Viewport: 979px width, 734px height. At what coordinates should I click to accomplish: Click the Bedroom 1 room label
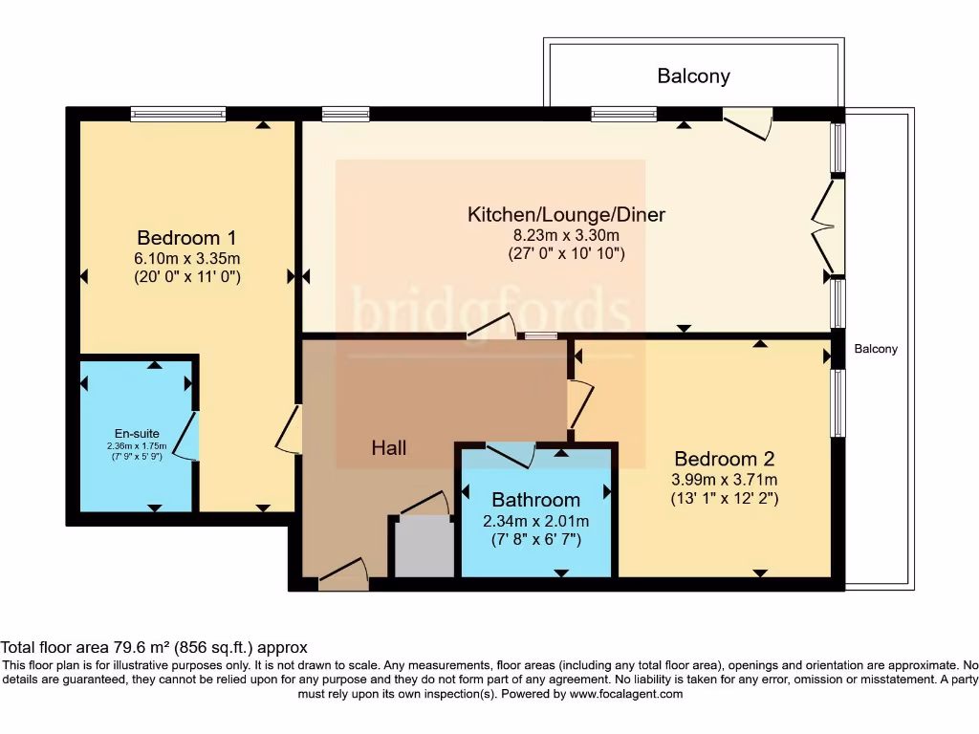click(186, 238)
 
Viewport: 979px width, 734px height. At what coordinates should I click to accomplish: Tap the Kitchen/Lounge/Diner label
click(566, 214)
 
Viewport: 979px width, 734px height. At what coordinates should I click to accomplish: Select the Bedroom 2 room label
click(724, 458)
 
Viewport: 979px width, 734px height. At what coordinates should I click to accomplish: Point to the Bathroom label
click(535, 500)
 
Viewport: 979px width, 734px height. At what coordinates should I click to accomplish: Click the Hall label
click(389, 447)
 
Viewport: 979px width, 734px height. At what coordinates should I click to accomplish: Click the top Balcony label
click(693, 76)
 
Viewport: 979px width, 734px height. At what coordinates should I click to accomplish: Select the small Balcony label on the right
click(876, 349)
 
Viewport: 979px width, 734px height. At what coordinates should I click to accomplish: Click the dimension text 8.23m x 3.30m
click(566, 235)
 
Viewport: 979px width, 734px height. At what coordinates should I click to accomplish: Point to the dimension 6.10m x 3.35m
click(186, 258)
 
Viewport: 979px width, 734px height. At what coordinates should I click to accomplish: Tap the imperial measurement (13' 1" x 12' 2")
click(724, 498)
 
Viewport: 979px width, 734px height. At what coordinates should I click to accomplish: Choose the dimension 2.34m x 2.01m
click(535, 521)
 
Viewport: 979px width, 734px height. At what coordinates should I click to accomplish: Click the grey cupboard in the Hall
click(424, 548)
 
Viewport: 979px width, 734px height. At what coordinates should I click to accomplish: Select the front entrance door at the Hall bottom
click(342, 575)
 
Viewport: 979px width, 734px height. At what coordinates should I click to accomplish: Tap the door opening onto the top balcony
click(748, 121)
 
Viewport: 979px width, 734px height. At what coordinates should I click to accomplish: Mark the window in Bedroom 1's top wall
click(179, 114)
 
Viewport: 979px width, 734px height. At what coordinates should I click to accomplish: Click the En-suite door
click(189, 436)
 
